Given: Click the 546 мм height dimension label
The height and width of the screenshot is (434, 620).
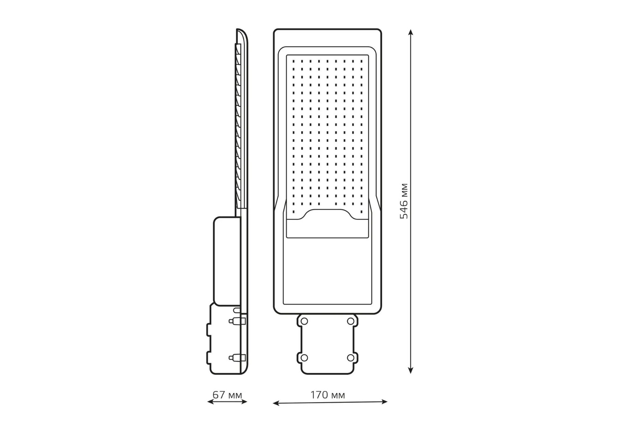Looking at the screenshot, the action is coord(404,201).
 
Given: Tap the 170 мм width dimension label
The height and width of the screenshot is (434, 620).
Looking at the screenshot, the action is coord(328,395).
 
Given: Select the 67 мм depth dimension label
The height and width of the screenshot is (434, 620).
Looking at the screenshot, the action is coord(227,395).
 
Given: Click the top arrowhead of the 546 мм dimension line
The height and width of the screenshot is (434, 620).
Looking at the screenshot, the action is coord(410,32).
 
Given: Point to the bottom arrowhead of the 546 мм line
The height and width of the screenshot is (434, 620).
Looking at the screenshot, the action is coord(410,370).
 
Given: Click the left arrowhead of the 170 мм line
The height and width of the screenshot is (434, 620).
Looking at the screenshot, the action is coord(276,403).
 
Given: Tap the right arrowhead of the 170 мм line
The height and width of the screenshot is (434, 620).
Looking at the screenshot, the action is coord(384,401).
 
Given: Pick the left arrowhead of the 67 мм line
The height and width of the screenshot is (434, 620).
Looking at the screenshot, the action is coord(210,402).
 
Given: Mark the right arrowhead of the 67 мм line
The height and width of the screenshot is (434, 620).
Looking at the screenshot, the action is coord(244,401).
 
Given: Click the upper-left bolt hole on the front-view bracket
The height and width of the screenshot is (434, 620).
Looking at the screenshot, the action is coord(304,321).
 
